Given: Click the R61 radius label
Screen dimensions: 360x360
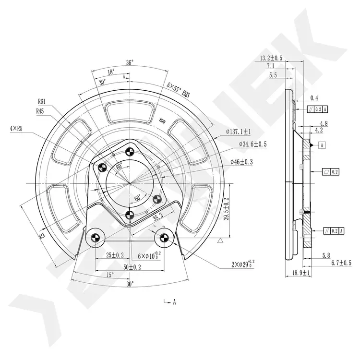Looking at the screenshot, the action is [x=42, y=101].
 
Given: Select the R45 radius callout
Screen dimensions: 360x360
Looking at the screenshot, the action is [x=40, y=111].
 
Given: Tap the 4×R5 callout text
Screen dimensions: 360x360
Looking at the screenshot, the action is [x=16, y=129].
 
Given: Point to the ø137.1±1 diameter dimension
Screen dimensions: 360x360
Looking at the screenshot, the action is [x=238, y=132].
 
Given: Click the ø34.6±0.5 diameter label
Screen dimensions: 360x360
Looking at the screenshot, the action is [x=253, y=144].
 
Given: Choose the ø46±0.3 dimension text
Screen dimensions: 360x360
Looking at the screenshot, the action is [x=241, y=162].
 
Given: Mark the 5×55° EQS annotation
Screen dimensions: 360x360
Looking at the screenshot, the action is [x=178, y=90].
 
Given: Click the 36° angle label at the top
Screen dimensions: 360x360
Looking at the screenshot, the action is [x=130, y=62].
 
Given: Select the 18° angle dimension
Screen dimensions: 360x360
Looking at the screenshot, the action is [x=111, y=72].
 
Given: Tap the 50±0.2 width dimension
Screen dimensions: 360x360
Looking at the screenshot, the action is [x=132, y=267].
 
